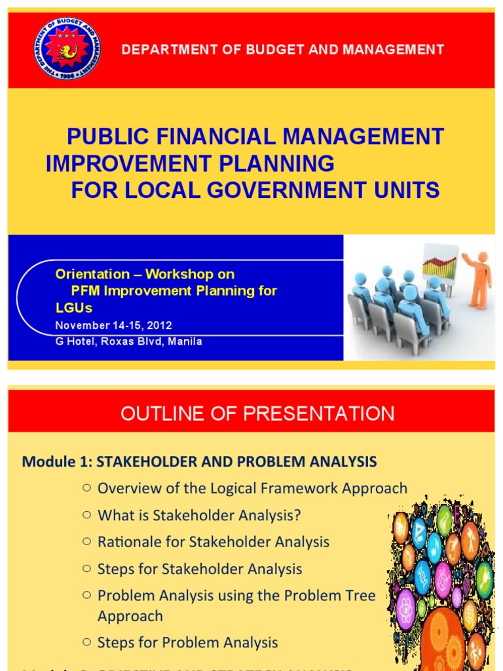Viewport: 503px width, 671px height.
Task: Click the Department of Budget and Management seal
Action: click(58, 50)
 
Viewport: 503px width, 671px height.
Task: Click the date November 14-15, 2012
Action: click(113, 325)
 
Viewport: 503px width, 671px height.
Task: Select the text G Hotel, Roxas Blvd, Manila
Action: click(128, 341)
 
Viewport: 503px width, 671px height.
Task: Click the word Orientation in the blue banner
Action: click(92, 274)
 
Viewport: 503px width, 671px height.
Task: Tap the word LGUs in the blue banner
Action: click(74, 307)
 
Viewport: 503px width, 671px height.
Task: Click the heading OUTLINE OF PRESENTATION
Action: click(257, 413)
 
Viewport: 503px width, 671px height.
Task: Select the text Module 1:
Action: click(58, 462)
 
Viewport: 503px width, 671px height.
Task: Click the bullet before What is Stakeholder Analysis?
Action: click(86, 515)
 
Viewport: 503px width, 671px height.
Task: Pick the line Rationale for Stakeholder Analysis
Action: click(214, 542)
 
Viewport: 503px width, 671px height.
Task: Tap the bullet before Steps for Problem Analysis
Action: click(86, 642)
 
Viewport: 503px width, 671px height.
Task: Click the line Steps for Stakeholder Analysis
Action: click(200, 569)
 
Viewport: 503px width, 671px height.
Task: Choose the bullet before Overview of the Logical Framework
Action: click(86, 488)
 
